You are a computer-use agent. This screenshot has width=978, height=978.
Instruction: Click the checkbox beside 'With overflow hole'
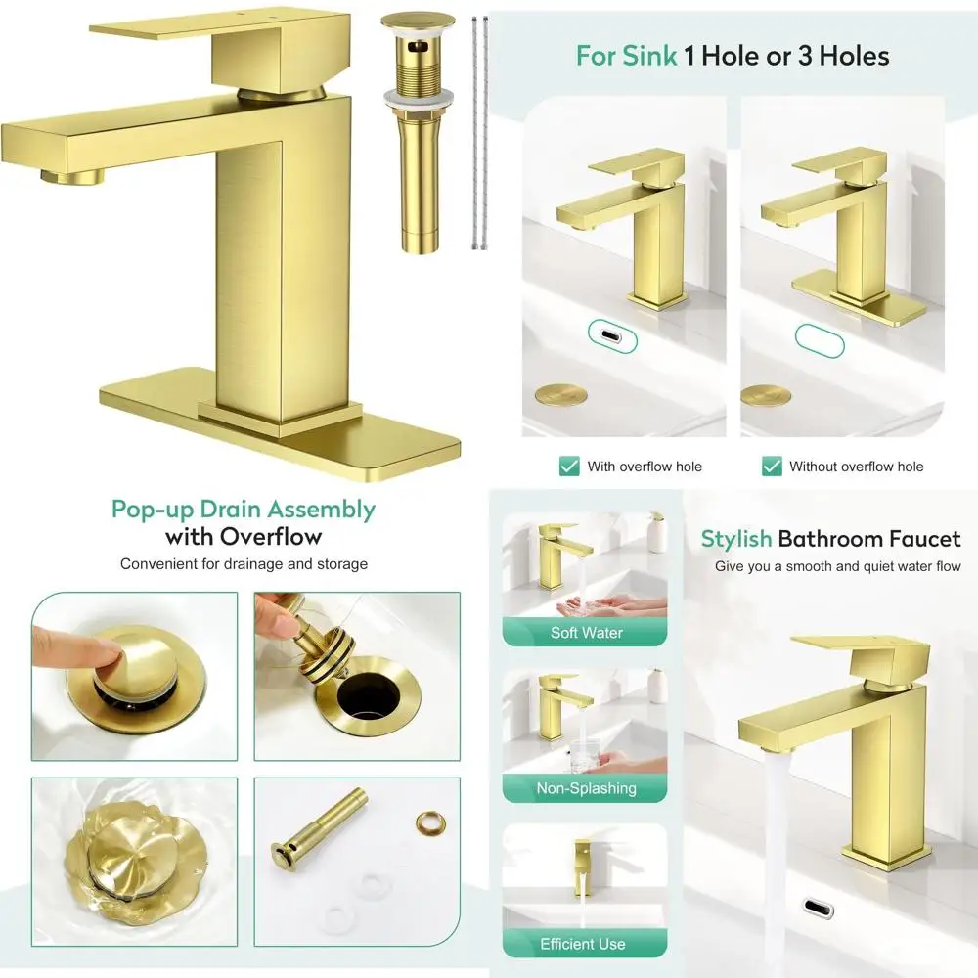(x=568, y=466)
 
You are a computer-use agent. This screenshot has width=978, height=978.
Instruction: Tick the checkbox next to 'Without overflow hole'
(x=772, y=466)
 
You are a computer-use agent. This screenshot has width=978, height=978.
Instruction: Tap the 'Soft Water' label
(x=586, y=632)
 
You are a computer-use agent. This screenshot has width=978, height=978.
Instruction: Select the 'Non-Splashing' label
(x=586, y=787)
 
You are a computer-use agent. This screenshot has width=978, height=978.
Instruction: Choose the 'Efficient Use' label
(x=583, y=944)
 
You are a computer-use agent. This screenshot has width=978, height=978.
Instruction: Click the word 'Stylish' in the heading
(x=735, y=539)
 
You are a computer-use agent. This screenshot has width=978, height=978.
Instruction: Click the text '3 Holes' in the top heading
(x=847, y=56)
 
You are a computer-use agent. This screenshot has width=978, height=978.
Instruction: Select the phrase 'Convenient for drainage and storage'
(x=244, y=564)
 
